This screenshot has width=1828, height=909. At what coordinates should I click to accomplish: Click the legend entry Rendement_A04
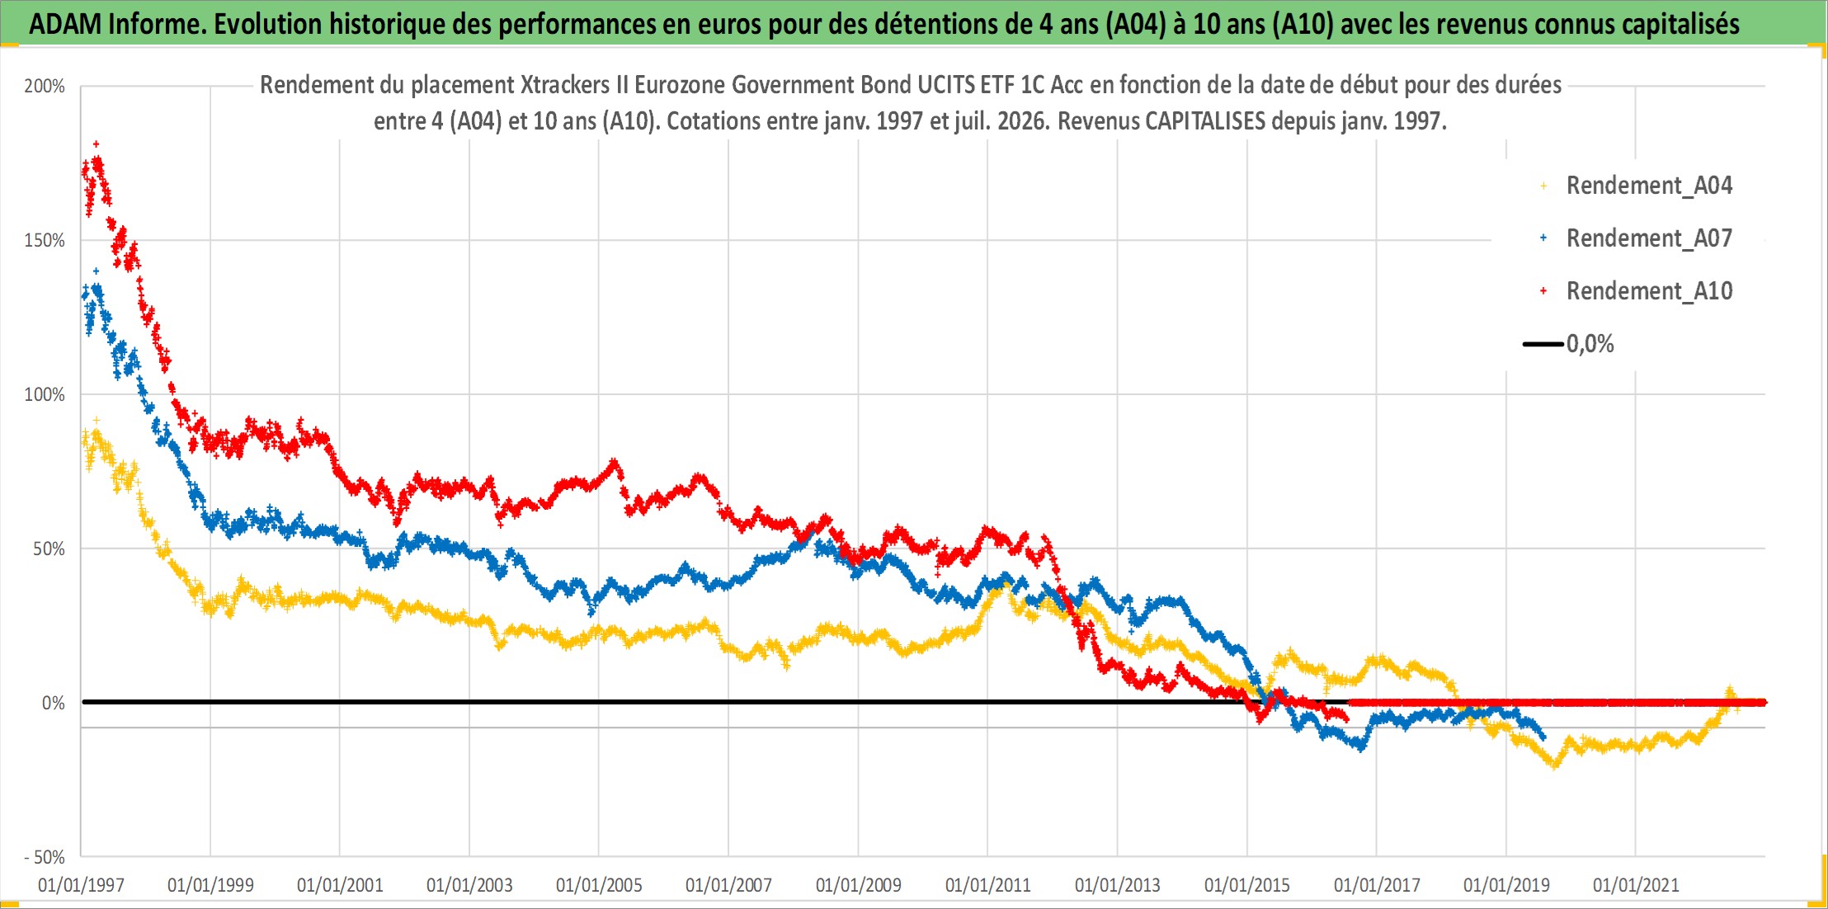(x=1649, y=186)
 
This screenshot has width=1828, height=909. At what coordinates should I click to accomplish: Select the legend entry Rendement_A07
(x=1649, y=238)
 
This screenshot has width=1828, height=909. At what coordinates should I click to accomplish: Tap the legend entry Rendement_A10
(x=1649, y=291)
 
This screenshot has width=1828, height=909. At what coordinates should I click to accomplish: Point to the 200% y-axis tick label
(x=45, y=86)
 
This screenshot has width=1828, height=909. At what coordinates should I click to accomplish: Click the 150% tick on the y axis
(x=45, y=240)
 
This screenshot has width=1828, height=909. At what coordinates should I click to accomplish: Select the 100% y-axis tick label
(x=45, y=394)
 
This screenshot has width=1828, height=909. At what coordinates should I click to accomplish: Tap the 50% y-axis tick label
(x=49, y=549)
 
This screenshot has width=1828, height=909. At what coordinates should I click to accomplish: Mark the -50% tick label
(x=44, y=857)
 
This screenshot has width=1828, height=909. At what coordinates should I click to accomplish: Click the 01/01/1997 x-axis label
(x=81, y=885)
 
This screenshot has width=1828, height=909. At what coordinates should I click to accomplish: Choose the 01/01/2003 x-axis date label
(x=469, y=885)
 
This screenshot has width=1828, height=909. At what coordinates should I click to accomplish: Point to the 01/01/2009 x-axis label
(x=859, y=885)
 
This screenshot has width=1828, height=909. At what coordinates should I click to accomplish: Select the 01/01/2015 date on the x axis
(x=1247, y=885)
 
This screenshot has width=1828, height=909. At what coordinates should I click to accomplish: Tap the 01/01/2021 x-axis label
(x=1636, y=885)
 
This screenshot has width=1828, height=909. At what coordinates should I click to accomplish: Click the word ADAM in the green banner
(x=65, y=24)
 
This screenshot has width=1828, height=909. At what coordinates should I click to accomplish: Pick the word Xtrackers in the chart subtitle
(x=565, y=85)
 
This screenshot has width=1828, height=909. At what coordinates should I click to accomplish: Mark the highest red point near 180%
(x=97, y=144)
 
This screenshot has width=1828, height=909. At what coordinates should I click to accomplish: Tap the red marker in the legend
(x=1543, y=291)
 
